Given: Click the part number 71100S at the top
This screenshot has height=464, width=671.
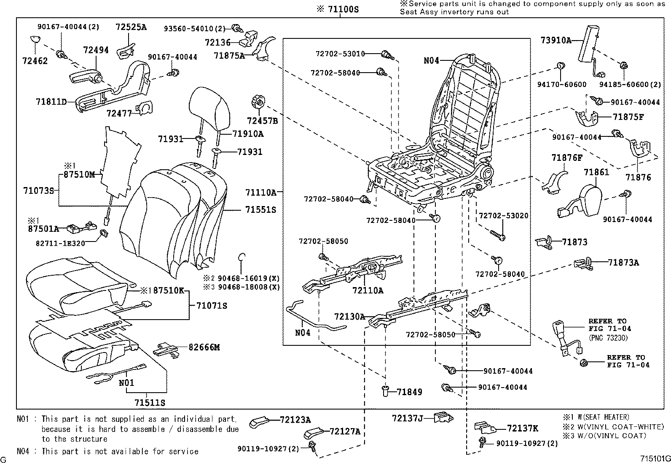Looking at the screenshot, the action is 343,9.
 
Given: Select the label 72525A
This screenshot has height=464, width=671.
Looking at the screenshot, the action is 131,27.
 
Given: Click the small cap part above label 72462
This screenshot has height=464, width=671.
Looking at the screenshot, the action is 35,40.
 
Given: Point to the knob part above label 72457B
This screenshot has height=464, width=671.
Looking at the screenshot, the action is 258,102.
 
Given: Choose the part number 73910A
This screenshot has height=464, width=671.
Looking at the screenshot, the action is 556,40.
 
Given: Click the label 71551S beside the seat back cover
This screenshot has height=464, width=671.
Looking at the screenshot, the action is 260,210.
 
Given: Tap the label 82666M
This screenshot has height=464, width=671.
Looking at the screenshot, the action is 204,347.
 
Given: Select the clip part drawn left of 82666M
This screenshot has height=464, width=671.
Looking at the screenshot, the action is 166,350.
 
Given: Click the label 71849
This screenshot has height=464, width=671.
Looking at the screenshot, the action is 409,392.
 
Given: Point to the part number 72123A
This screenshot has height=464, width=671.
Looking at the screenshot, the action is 295,420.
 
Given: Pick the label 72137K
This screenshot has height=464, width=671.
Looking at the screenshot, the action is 522,428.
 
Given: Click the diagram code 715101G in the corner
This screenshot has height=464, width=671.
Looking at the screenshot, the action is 656,459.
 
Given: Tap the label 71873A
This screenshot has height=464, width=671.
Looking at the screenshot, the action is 623,263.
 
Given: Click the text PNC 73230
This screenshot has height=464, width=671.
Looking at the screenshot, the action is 608,338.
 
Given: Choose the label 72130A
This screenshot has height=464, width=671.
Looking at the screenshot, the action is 349,317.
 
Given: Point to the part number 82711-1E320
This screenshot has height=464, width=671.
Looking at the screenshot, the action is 60,244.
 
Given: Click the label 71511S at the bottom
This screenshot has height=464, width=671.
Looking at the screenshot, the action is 150,402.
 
